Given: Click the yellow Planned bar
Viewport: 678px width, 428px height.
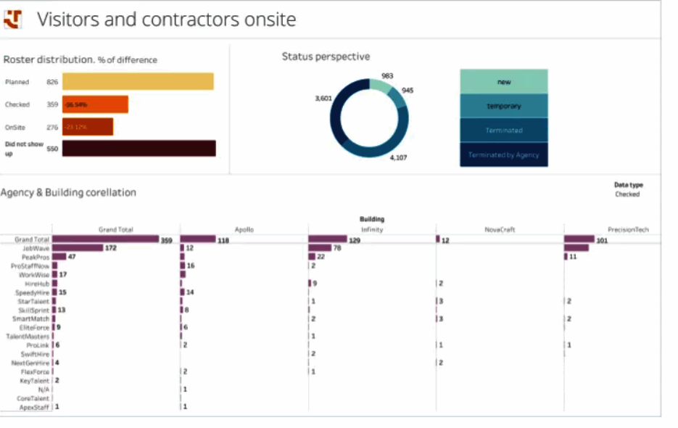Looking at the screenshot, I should click(x=138, y=82).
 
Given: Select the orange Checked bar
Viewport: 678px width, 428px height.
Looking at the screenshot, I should click(x=95, y=104).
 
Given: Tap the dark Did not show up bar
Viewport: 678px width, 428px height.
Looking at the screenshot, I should click(x=139, y=148).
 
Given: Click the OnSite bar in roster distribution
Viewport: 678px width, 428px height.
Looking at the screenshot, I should click(x=88, y=127).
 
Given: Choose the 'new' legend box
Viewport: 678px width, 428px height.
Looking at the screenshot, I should click(x=504, y=82).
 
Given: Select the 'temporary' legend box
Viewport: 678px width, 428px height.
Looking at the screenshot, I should click(x=504, y=106).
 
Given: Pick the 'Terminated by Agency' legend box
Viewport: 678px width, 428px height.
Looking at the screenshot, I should click(x=504, y=155).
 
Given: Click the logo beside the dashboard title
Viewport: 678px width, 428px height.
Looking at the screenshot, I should click(x=13, y=20).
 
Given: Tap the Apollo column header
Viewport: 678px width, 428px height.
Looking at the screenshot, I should click(x=244, y=230).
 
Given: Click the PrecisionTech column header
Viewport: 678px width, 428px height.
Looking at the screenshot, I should click(x=628, y=230).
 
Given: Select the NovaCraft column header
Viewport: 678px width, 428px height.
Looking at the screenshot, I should click(x=499, y=230).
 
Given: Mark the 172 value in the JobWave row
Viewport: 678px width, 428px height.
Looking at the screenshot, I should click(x=111, y=247).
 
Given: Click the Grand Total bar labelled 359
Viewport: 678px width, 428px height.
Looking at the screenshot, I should click(x=105, y=239).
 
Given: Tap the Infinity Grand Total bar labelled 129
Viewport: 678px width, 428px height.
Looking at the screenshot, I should click(x=328, y=239).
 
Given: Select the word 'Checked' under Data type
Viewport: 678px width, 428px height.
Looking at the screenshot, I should click(x=627, y=194).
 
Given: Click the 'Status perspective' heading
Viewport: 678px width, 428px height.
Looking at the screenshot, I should click(x=326, y=57).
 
